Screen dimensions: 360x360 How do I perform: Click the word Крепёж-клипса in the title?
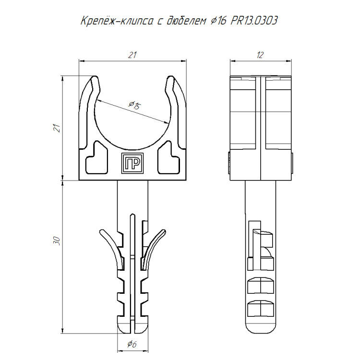(x=117, y=21)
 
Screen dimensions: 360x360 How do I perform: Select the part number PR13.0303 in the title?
(x=254, y=21)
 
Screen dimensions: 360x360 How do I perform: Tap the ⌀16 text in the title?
(x=218, y=21)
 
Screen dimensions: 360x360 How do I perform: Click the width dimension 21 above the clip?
(x=132, y=55)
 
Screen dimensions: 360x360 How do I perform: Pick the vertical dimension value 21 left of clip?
(x=57, y=128)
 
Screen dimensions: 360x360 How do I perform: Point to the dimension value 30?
(x=57, y=240)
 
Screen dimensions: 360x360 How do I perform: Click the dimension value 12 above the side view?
(x=260, y=55)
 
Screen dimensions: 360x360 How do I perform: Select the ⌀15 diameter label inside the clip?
(x=134, y=106)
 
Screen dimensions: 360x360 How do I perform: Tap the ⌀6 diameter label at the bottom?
(x=132, y=344)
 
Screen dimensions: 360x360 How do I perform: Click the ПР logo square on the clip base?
(x=132, y=163)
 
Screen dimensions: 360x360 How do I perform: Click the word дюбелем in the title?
(x=186, y=21)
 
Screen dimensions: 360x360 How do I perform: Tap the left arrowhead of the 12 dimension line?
(x=233, y=61)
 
